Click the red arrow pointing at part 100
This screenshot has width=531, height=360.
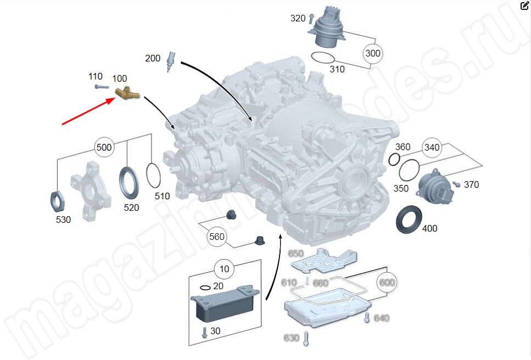pos(88,111)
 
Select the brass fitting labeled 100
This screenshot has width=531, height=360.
pos(127,94)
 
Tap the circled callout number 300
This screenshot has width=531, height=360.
pos(372,54)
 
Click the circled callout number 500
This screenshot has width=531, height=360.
pos(104,148)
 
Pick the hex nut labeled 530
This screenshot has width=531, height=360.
pos(58,199)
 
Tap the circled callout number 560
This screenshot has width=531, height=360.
pos(217,237)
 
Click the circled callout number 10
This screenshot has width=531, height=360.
pos(224,269)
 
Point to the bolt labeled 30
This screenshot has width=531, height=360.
pos(205,331)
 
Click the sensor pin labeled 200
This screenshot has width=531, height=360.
pos(171,60)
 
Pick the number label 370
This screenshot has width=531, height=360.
pos(471,184)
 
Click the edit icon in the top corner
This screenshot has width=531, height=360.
pos(524,6)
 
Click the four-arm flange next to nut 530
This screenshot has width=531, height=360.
pos(90,190)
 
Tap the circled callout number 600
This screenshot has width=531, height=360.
pos(387,282)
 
